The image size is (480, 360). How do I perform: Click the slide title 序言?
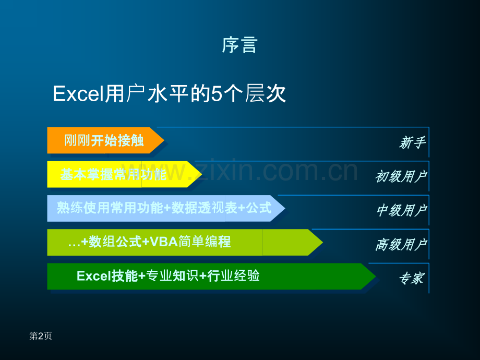[239, 45]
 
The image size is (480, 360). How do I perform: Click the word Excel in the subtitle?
[78, 94]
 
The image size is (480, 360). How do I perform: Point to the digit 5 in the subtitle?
[217, 94]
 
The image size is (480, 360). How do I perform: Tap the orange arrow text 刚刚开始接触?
[104, 140]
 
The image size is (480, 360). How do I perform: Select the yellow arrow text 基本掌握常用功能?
[113, 174]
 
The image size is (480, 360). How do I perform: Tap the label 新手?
[412, 142]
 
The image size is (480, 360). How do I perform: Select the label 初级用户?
[401, 177]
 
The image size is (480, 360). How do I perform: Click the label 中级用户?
[402, 211]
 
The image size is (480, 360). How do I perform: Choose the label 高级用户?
[401, 245]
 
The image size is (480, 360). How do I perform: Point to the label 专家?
[412, 279]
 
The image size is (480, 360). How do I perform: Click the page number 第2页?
[40, 336]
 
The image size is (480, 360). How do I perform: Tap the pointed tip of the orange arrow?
[164, 140]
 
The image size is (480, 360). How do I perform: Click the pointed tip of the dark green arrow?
[376, 276]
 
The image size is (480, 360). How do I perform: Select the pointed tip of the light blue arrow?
[285, 208]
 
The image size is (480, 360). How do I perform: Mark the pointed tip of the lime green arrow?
[323, 242]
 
